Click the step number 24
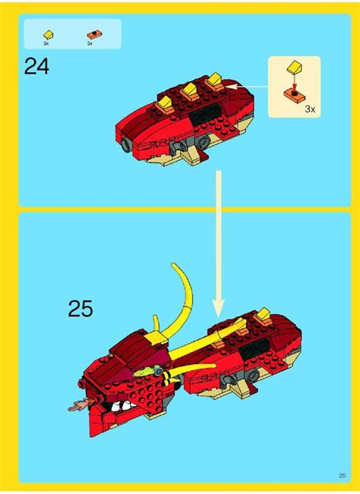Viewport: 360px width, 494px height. coord(36,68)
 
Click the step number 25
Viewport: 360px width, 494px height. coord(80,308)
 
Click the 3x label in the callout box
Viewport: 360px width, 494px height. coord(309,109)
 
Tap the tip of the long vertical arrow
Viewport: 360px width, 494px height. coord(218,312)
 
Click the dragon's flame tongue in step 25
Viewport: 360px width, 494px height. coord(76,407)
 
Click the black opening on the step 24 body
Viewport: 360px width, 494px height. coord(206,115)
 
